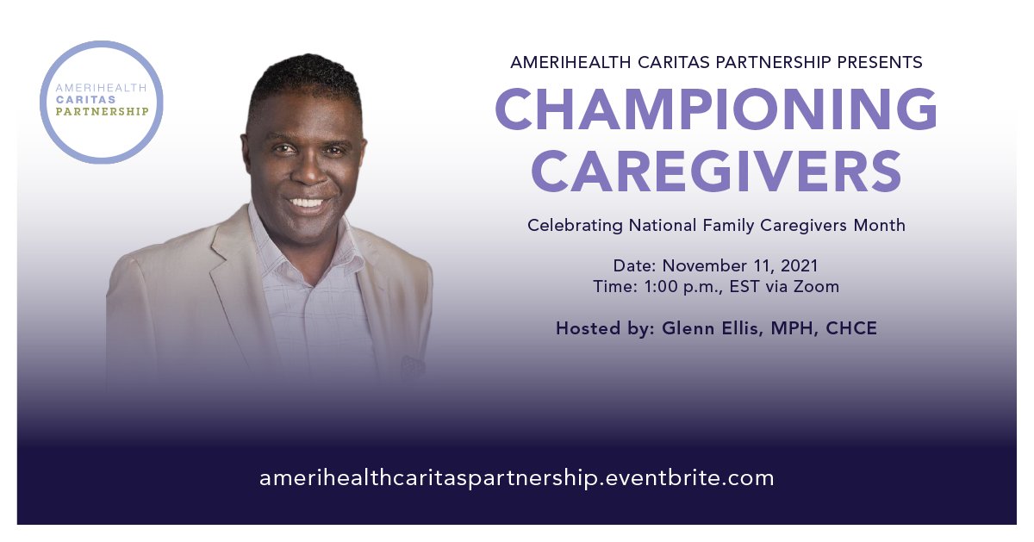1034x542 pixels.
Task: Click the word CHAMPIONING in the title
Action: point(716,110)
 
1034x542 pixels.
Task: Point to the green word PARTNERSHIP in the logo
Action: point(102,111)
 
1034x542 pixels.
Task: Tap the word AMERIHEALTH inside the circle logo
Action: point(101,88)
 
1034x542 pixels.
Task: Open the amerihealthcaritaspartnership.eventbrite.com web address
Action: point(517,478)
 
